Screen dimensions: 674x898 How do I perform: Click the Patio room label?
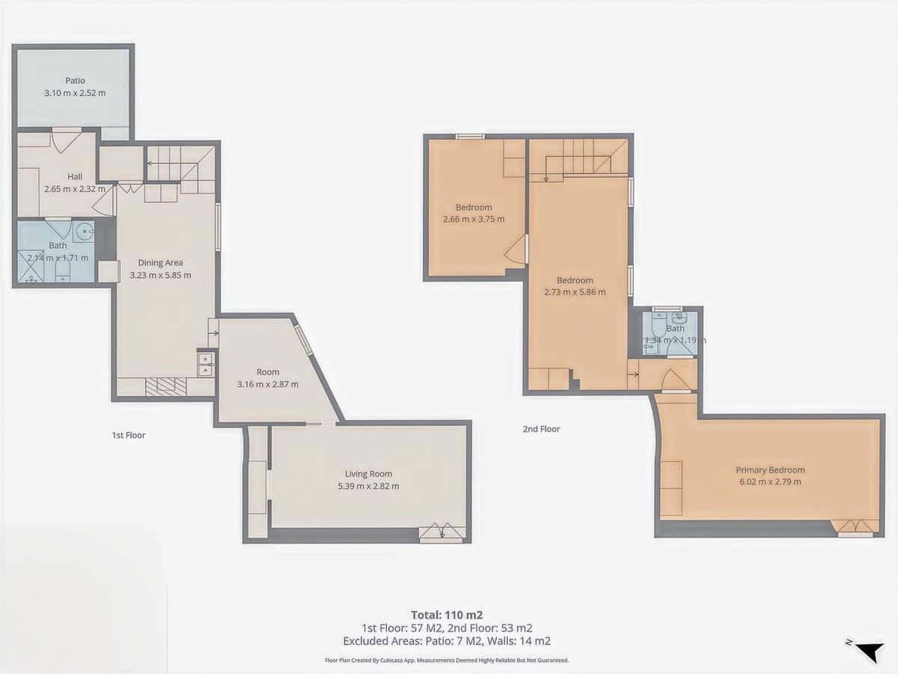(75, 81)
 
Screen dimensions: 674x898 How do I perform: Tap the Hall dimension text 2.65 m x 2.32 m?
(75, 189)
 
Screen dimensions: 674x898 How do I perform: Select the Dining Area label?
(160, 263)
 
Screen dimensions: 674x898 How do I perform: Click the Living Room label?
(368, 474)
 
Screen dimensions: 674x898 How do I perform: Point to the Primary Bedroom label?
(770, 470)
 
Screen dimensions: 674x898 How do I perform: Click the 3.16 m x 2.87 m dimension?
(267, 384)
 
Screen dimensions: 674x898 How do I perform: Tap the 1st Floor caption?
(129, 435)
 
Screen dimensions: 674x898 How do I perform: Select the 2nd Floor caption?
(541, 429)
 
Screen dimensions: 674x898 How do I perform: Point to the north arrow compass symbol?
(868, 651)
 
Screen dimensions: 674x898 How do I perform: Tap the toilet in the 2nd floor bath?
(657, 327)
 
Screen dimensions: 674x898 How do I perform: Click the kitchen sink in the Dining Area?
(205, 364)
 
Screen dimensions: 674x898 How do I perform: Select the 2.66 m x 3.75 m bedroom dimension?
(474, 219)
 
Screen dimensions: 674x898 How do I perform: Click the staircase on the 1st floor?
(176, 163)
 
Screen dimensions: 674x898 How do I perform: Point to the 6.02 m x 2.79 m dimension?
(770, 482)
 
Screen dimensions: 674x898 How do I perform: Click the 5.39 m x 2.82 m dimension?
(368, 486)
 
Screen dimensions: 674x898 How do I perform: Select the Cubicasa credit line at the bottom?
(447, 661)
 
